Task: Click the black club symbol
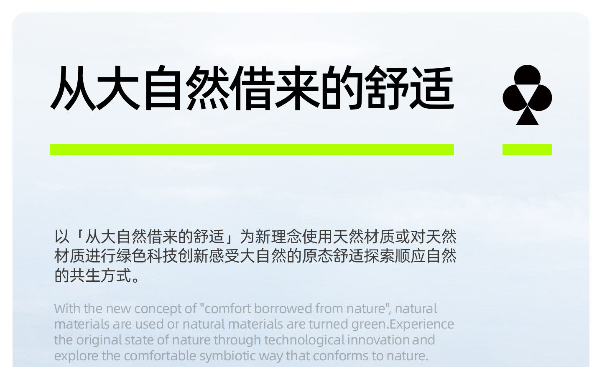coord(527,95)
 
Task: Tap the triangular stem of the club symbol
coord(527,117)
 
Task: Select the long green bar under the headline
coord(252,149)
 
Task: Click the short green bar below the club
coord(527,149)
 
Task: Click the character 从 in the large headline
coord(73,88)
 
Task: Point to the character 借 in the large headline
coord(252,88)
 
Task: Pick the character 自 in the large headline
coord(163,88)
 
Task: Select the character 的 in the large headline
coord(342,88)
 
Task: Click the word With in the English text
coord(67,308)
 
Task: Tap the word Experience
coord(422,324)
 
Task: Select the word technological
coord(304,340)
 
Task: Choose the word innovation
coord(378,340)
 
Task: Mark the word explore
coord(76,356)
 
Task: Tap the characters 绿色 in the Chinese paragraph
coord(131,256)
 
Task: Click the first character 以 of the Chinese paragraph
coord(62,237)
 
